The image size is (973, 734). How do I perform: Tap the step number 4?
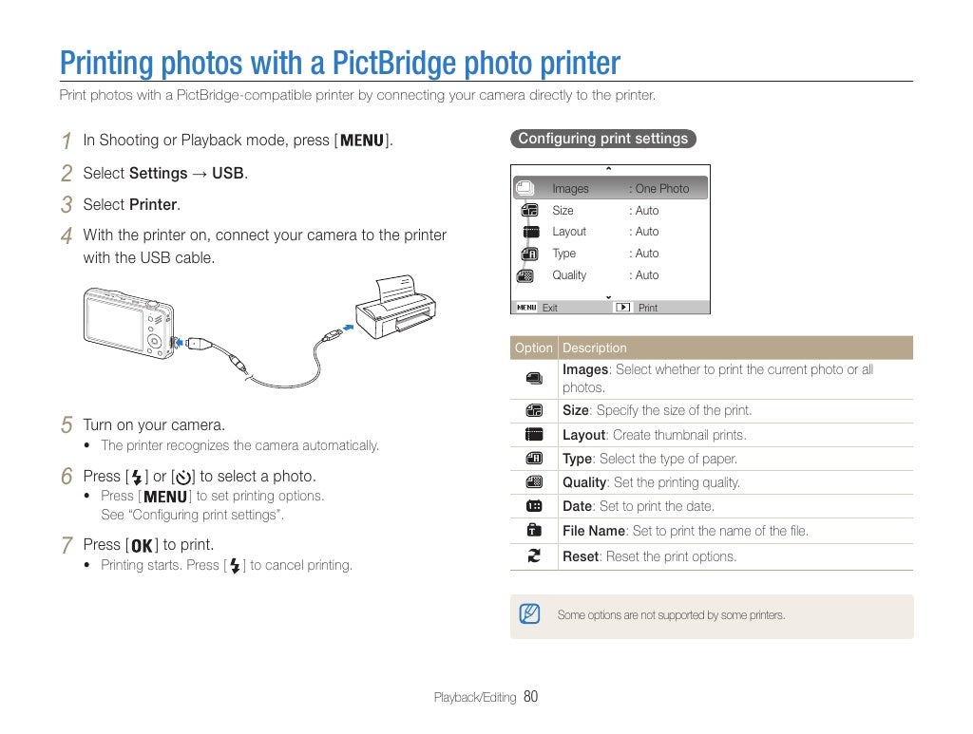coord(66,235)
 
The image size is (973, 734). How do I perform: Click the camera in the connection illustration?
coord(129,323)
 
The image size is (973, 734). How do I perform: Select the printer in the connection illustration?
coord(394,304)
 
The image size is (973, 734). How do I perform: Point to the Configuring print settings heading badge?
coord(602,139)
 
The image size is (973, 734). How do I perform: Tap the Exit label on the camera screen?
coord(549,308)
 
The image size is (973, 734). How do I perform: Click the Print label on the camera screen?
coord(648,308)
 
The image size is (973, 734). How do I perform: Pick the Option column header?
coord(533,348)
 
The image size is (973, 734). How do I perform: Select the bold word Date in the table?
coord(577,506)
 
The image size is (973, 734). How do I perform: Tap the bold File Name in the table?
coord(594,531)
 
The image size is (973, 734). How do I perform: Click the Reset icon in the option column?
coord(533,556)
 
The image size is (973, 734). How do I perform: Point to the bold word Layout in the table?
coord(583,435)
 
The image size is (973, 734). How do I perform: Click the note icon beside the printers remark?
coord(529,614)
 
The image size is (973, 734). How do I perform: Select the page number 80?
coord(530,697)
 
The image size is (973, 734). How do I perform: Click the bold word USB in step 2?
coord(228,173)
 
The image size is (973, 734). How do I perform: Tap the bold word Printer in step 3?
coord(153,204)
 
